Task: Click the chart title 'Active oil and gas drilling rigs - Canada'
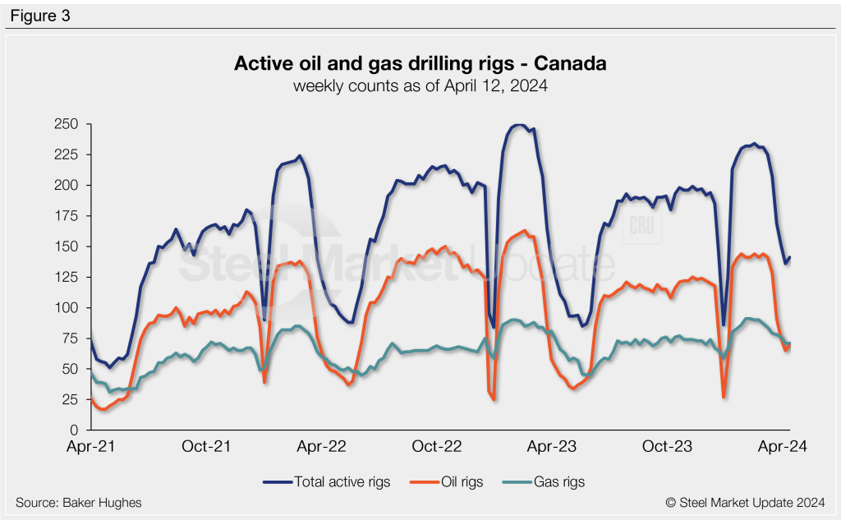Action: [x=420, y=63]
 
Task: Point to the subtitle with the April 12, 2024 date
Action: [x=420, y=85]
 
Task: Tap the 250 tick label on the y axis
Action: [x=65, y=124]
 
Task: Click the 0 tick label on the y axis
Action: [x=72, y=430]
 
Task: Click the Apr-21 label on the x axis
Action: [x=90, y=447]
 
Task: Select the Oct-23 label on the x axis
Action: [x=671, y=447]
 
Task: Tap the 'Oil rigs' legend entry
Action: [x=448, y=481]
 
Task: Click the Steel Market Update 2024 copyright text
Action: [x=747, y=502]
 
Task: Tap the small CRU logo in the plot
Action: [x=639, y=228]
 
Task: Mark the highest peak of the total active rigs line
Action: [x=517, y=125]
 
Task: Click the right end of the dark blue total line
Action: [x=789, y=257]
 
